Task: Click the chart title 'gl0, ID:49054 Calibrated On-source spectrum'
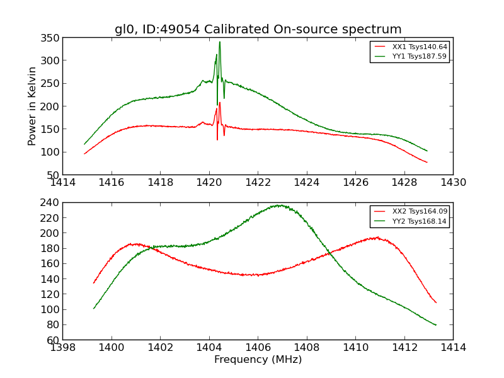click(258, 29)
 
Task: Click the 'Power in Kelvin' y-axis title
click(33, 106)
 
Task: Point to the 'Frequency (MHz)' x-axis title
click(258, 360)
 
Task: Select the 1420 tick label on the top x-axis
click(209, 183)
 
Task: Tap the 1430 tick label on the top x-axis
click(453, 183)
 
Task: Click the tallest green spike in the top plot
click(219, 42)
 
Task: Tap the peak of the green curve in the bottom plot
click(278, 205)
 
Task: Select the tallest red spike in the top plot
click(219, 103)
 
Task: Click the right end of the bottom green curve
click(436, 325)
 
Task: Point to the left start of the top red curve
click(84, 154)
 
